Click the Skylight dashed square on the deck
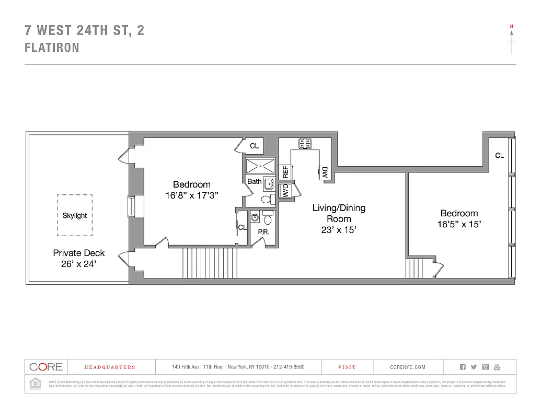tap(75, 215)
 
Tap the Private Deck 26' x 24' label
tap(79, 259)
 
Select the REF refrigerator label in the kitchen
tap(286, 172)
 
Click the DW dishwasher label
tap(325, 173)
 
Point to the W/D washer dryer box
tap(286, 192)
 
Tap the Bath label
tap(255, 181)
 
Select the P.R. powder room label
tap(263, 231)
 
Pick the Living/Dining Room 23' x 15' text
tap(339, 218)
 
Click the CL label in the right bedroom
tap(499, 155)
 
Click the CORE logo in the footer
tap(46, 367)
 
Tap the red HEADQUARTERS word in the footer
tap(110, 367)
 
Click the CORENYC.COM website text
tap(408, 367)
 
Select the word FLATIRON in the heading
tap(52, 48)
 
